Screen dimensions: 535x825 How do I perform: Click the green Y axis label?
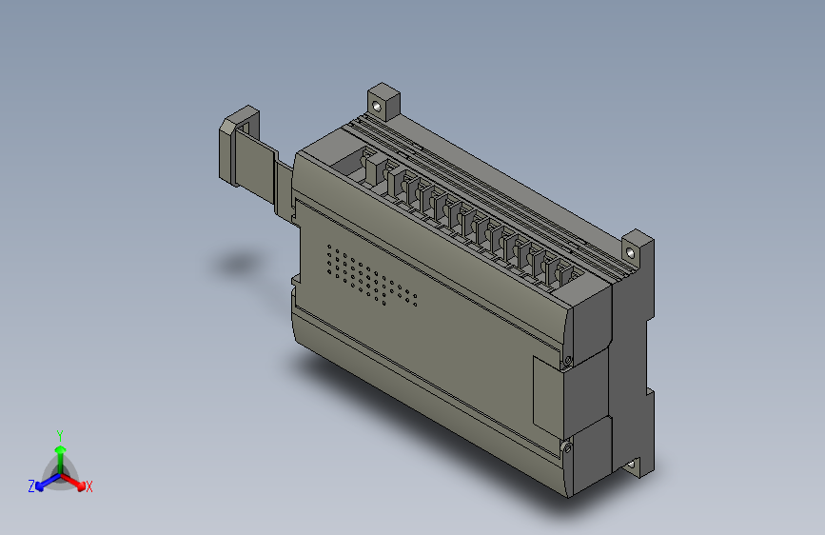click(x=60, y=433)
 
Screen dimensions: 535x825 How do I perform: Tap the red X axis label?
click(x=89, y=486)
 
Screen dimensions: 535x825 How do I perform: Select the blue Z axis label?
click(x=31, y=486)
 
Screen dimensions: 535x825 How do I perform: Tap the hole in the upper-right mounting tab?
click(x=633, y=251)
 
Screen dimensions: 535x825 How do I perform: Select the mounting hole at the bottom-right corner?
click(x=635, y=466)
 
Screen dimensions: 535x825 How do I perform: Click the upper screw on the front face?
click(x=567, y=360)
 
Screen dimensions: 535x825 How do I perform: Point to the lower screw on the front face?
click(x=567, y=446)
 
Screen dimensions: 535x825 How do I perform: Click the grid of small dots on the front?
click(x=371, y=277)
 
